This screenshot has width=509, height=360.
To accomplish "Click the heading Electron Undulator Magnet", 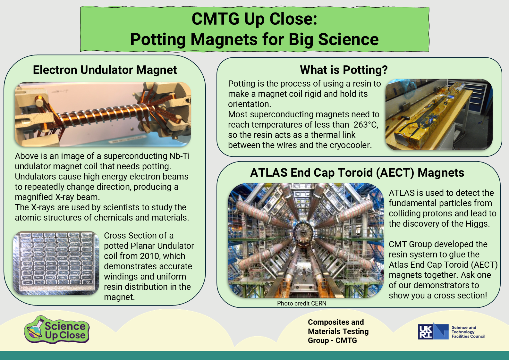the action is coord(105,70).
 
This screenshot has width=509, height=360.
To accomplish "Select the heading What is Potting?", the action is coord(344,70).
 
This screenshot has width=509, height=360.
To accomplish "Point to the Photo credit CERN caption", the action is coord(301,304).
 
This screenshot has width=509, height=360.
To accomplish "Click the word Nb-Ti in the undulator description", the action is coord(179,156).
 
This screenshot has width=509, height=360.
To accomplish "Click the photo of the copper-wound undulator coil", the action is coord(103,114).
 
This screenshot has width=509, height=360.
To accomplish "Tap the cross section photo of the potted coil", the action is coord(56,263).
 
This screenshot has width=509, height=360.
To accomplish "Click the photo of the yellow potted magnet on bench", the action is coord(439,114).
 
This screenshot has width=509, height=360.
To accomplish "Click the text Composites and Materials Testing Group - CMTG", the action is coord(338,331).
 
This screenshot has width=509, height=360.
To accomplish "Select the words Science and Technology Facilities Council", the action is coord(468,332).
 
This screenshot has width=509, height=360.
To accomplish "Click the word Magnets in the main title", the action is coord(224,39).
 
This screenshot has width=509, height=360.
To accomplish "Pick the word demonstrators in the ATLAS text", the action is coord(434,285).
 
